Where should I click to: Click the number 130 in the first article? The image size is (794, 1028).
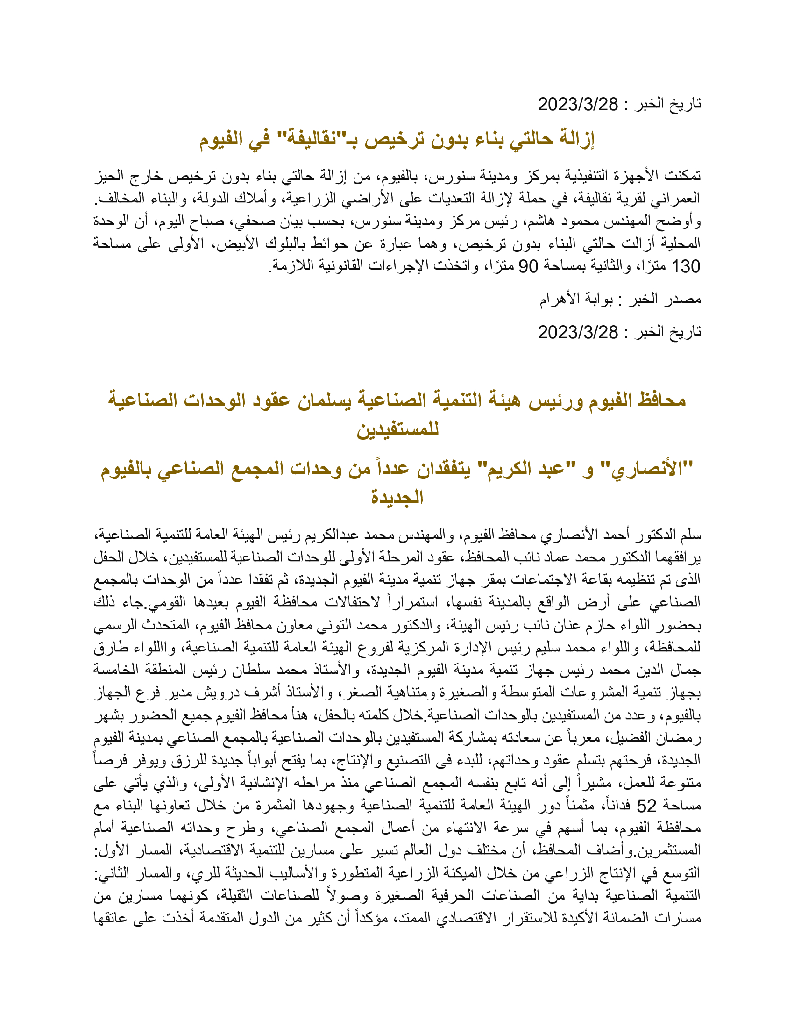(686, 266)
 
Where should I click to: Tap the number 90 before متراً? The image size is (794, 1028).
(527, 266)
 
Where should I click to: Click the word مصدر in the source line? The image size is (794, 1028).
(681, 300)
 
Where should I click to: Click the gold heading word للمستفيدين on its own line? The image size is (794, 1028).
(397, 429)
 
